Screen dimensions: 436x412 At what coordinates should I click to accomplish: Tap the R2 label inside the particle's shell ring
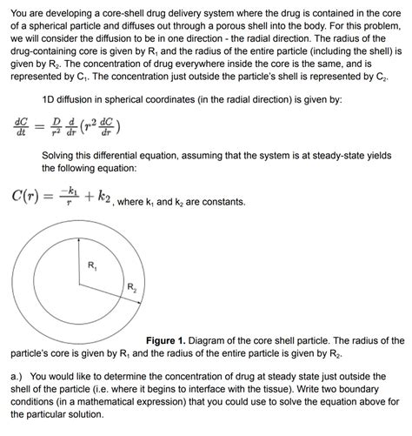click(x=132, y=287)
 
